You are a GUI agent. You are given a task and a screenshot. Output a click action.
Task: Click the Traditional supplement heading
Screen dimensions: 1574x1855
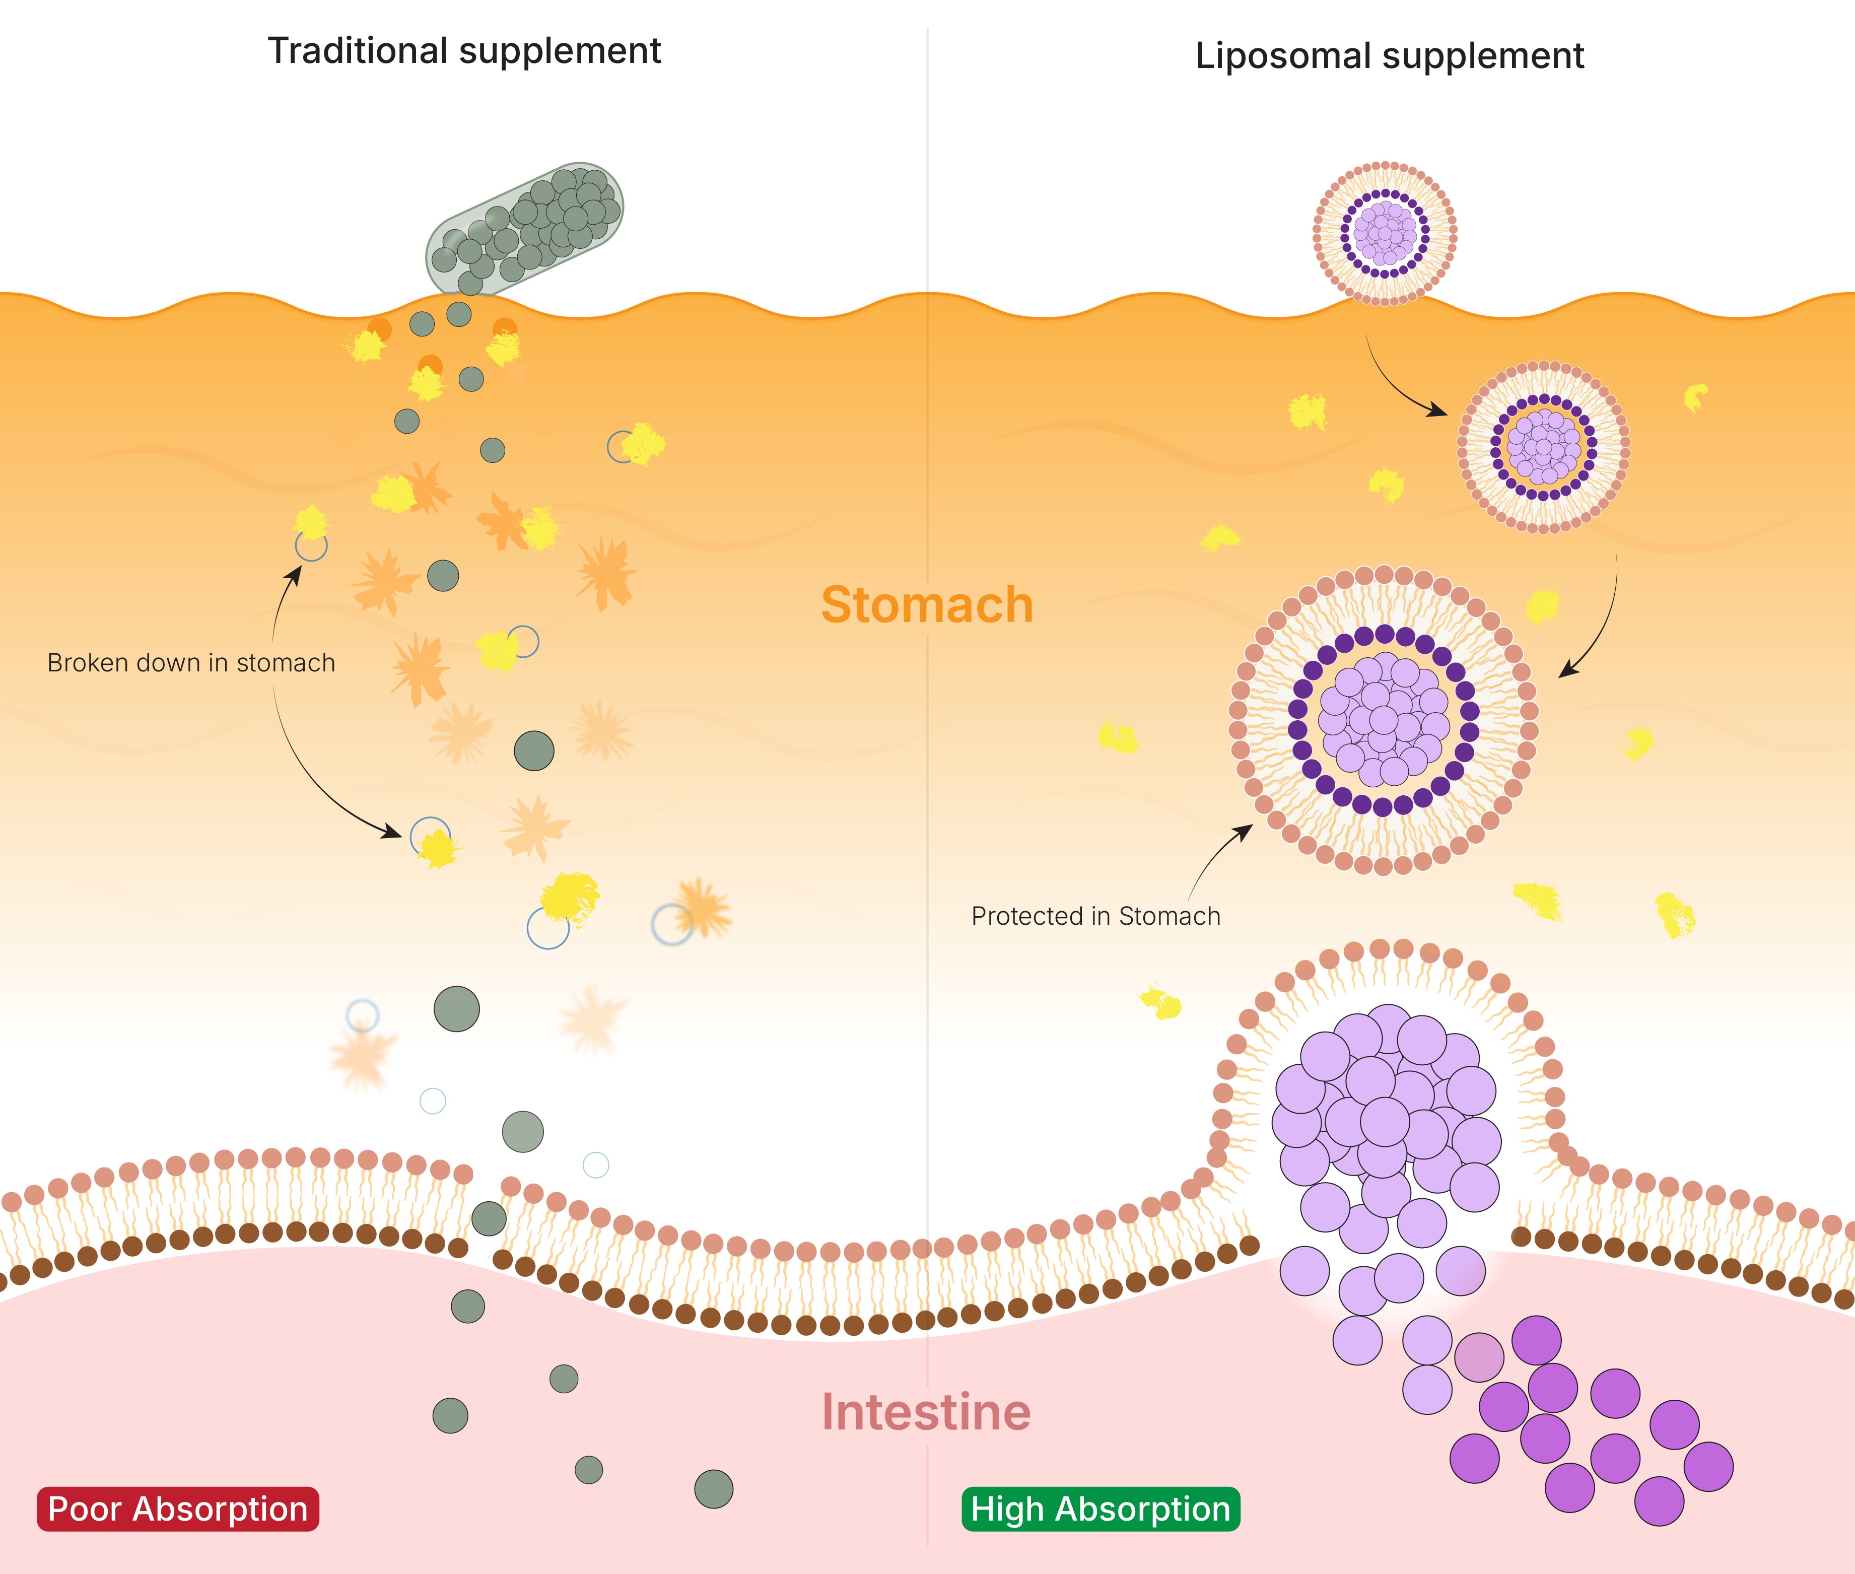point(464,51)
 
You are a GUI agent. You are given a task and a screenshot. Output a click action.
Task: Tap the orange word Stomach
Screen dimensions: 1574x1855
point(927,605)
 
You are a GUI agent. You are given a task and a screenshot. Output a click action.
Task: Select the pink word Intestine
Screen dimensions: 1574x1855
point(926,1412)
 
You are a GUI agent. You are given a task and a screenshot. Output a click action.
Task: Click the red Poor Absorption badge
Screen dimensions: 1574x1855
point(178,1509)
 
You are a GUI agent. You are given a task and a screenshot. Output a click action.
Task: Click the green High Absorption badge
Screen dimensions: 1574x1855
point(1100,1509)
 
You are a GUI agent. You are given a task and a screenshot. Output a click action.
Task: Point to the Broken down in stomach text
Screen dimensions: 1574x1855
point(191,663)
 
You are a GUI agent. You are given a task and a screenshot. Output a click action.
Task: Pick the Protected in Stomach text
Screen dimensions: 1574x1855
point(1095,916)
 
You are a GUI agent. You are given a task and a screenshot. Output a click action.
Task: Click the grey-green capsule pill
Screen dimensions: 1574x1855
point(525,229)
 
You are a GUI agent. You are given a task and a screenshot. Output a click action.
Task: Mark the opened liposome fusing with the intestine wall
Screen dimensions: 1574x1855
point(1386,1107)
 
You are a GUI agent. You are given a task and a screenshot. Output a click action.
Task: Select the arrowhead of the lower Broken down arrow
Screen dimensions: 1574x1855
point(392,833)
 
